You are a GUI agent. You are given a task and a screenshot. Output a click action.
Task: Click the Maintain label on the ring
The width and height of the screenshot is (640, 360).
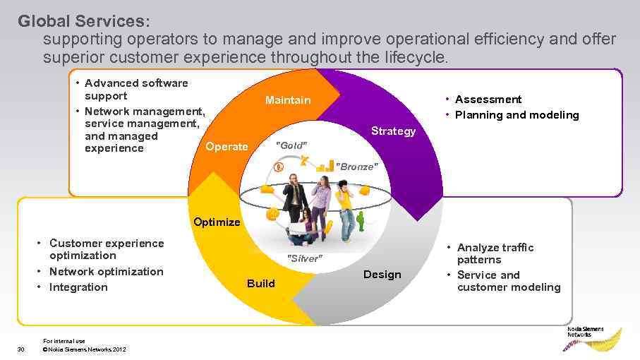tap(287, 100)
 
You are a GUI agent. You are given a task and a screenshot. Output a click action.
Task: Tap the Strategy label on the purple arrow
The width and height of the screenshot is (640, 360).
tap(393, 131)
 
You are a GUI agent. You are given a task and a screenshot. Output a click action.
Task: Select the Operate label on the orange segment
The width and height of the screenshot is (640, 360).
tap(227, 147)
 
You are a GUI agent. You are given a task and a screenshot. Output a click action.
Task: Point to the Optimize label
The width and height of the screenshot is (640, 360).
tap(217, 222)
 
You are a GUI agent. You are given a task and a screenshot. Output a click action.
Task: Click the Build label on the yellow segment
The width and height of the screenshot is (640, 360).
tap(260, 283)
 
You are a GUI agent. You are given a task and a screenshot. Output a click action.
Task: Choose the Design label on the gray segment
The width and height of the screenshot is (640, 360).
tap(382, 275)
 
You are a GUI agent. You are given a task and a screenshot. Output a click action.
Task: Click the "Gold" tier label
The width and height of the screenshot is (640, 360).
tap(290, 145)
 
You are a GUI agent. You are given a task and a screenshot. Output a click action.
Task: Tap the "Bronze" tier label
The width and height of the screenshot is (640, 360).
tap(357, 167)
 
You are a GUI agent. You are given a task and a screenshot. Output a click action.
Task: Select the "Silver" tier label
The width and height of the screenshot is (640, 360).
tap(305, 259)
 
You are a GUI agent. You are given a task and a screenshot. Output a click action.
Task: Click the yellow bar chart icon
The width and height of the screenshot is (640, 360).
tap(325, 167)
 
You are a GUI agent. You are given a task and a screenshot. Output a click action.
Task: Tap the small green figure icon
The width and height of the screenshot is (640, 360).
tap(361, 221)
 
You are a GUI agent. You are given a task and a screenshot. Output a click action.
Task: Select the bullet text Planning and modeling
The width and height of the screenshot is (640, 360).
tap(517, 115)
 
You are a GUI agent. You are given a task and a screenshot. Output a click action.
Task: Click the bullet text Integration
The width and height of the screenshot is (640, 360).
tap(78, 287)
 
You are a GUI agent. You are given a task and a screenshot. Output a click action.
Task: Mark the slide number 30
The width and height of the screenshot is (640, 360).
tap(21, 349)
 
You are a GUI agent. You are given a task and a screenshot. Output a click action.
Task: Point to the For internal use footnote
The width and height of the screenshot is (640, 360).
tap(64, 341)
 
